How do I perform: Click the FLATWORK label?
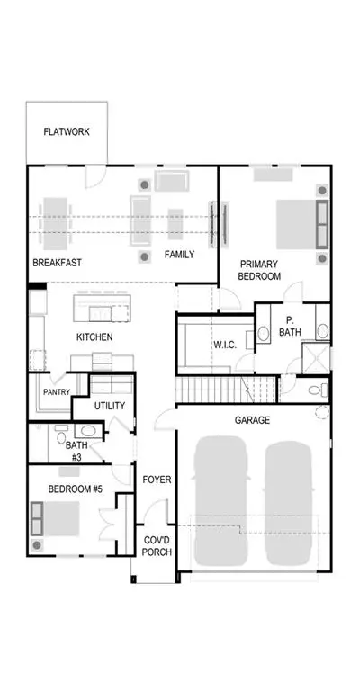[x=67, y=131]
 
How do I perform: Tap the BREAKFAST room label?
[x=58, y=263]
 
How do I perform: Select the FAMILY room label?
[x=179, y=255]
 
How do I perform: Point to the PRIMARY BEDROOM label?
[x=259, y=270]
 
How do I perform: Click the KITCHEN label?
[x=94, y=337]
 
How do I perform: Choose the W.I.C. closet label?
[x=225, y=345]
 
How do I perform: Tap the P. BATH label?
[x=290, y=326]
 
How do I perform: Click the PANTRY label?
[x=57, y=391]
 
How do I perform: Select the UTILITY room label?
[x=110, y=406]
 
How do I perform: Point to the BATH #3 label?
[x=76, y=452]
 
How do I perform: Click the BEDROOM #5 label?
[x=76, y=489]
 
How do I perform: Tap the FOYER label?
[x=157, y=480]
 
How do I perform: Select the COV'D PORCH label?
[x=157, y=546]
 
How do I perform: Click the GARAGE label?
[x=252, y=420]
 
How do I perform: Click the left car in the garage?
[x=220, y=501]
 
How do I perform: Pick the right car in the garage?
[x=289, y=502]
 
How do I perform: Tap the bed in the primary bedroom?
[x=302, y=225]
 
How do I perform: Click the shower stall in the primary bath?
[x=316, y=358]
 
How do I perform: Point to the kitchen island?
[x=103, y=308]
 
